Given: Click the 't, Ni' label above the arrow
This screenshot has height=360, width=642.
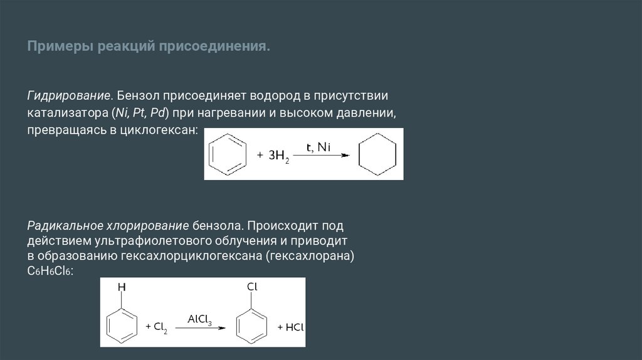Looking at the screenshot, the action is [x=318, y=147].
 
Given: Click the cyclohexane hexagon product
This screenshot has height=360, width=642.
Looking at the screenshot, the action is [x=377, y=155].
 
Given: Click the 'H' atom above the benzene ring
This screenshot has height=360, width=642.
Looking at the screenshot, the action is [x=122, y=287].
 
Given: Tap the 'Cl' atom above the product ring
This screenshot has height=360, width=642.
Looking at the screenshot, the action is [x=252, y=287].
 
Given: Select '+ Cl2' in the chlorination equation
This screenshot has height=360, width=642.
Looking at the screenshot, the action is [x=157, y=327].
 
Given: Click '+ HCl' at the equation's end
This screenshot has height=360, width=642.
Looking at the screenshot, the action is [x=290, y=327].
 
